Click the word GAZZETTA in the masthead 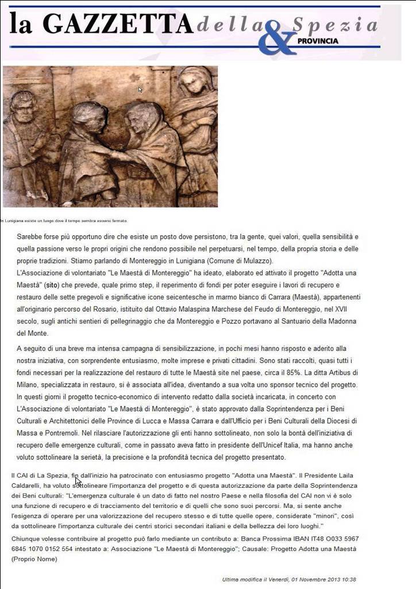point(118,24)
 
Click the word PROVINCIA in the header point(318,41)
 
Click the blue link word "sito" point(52,285)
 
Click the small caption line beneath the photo point(63,220)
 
